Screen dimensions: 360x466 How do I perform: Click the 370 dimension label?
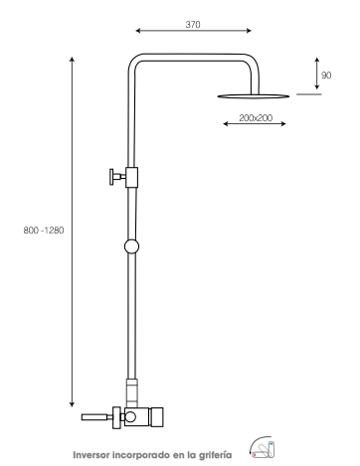(193, 25)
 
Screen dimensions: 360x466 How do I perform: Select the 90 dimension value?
(326, 76)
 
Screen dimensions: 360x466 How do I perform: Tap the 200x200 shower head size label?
(256, 118)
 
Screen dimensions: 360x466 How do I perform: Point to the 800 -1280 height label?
(44, 231)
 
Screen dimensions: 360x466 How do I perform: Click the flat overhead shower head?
(254, 96)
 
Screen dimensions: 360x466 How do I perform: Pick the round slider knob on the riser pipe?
(131, 246)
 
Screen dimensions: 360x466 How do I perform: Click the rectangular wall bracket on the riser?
(131, 177)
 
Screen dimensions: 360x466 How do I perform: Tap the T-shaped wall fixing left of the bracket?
(117, 177)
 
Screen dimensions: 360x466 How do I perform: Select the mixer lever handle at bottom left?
(96, 417)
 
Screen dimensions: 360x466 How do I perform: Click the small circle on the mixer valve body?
(130, 416)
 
